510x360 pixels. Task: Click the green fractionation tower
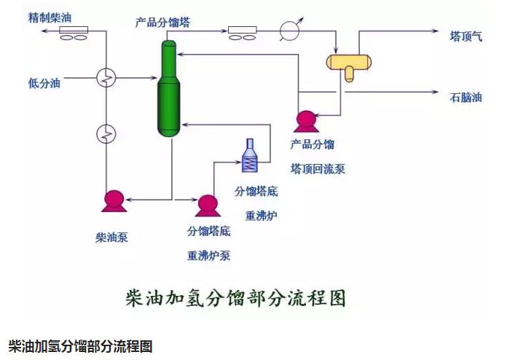169,87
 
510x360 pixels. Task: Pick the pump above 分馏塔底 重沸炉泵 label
207,205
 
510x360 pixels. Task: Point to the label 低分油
44,82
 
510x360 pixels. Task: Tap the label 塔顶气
466,36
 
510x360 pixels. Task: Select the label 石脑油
466,95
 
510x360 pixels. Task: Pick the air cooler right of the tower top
243,32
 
